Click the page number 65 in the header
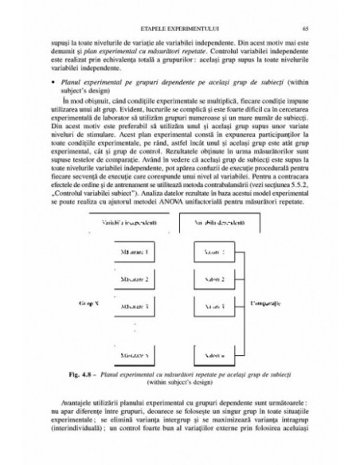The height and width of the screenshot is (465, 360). click(x=295, y=27)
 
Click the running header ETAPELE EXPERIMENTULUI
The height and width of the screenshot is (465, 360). click(x=180, y=27)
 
